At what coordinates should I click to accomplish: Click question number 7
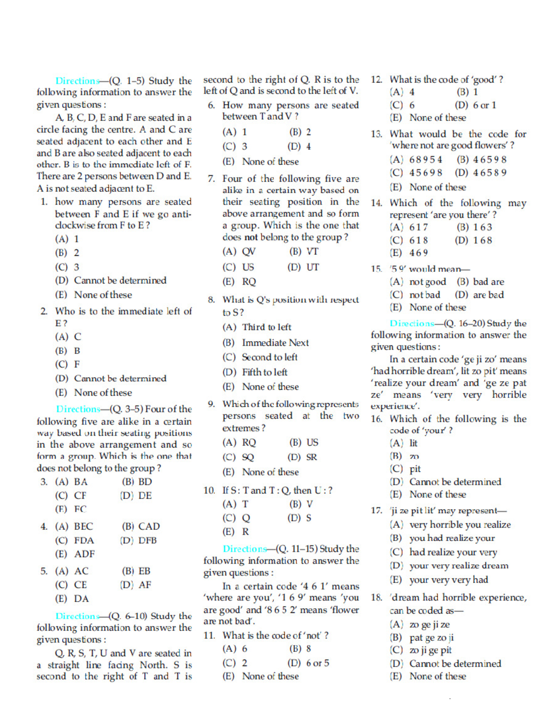click(x=211, y=179)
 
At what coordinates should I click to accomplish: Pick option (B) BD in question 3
click(x=137, y=482)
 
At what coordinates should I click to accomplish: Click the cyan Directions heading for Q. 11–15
click(x=245, y=549)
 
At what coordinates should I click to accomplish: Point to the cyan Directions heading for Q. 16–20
click(x=412, y=324)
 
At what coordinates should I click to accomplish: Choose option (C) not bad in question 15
click(x=415, y=295)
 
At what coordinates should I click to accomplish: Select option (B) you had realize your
click(x=442, y=538)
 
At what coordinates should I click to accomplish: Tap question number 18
click(x=376, y=598)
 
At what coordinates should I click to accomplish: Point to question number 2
click(x=44, y=311)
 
